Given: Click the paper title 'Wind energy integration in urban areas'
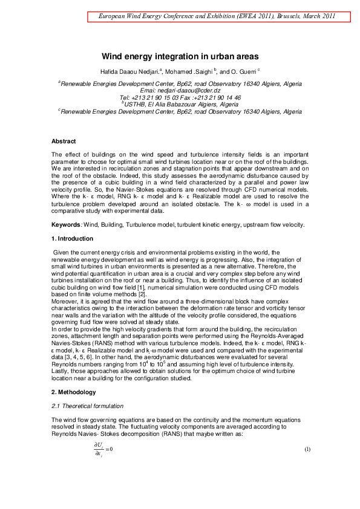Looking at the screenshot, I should point(180,56).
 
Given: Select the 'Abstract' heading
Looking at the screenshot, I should point(64,141).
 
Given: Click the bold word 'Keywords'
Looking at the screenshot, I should point(67,225).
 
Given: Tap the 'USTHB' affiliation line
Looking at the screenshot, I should point(180,104).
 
